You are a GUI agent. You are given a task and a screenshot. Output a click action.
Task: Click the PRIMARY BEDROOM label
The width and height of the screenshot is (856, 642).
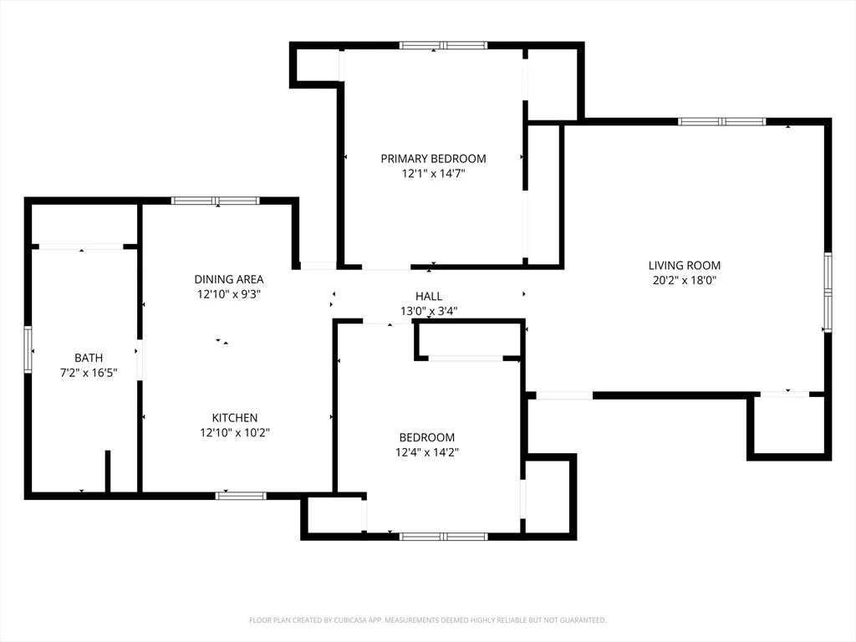pyautogui.click(x=433, y=159)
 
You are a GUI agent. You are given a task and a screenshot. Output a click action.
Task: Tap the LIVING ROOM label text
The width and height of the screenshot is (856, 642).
pyautogui.click(x=684, y=266)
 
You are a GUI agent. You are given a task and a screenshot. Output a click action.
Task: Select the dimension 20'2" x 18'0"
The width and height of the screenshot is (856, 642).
pyautogui.click(x=684, y=281)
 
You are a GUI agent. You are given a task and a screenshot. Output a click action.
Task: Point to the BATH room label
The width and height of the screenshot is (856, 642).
pyautogui.click(x=89, y=358)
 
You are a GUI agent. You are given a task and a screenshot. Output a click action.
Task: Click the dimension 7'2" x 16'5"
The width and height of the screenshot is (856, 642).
pyautogui.click(x=89, y=373)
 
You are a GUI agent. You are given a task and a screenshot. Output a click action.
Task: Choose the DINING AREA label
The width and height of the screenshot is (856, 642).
pyautogui.click(x=229, y=279)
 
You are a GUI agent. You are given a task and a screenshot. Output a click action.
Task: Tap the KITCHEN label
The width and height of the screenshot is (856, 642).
pyautogui.click(x=235, y=418)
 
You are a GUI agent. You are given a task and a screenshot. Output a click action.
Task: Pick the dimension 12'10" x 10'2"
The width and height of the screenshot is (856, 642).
pyautogui.click(x=235, y=433)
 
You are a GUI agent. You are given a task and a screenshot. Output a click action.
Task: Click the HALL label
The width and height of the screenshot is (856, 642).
pyautogui.click(x=429, y=297)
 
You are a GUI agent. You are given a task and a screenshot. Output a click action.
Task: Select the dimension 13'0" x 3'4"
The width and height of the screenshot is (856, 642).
pyautogui.click(x=429, y=311)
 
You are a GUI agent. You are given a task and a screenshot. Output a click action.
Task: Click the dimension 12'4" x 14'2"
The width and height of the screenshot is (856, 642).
pyautogui.click(x=427, y=452)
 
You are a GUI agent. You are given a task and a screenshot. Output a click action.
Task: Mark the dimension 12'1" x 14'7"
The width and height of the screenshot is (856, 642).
pyautogui.click(x=434, y=174)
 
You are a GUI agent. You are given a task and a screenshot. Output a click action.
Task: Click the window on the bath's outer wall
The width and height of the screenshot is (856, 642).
pyautogui.click(x=28, y=349)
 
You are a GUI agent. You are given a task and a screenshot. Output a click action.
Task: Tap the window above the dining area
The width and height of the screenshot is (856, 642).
pyautogui.click(x=216, y=201)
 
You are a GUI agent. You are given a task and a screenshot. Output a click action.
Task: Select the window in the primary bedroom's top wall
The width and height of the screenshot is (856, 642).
pyautogui.click(x=443, y=45)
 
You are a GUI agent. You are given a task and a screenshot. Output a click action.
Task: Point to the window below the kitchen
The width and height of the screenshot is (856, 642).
pyautogui.click(x=241, y=496)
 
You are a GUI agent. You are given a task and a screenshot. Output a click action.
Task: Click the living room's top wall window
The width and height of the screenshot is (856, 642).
pyautogui.click(x=721, y=122)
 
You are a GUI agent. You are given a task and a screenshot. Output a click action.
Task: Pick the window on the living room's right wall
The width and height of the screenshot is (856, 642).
pyautogui.click(x=828, y=293)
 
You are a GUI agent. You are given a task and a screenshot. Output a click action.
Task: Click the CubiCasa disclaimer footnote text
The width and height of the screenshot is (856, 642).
pyautogui.click(x=427, y=620)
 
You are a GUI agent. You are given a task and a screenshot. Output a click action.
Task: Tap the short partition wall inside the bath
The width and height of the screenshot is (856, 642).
pyautogui.click(x=108, y=471)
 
